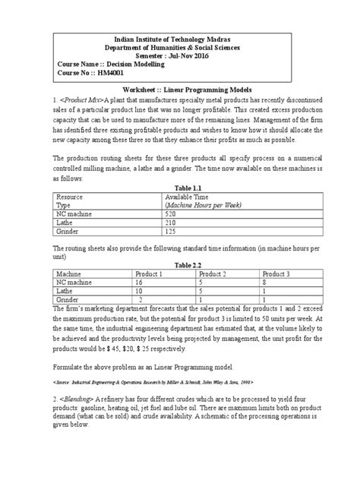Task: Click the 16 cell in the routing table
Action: point(139,283)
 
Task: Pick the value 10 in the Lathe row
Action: point(139,292)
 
